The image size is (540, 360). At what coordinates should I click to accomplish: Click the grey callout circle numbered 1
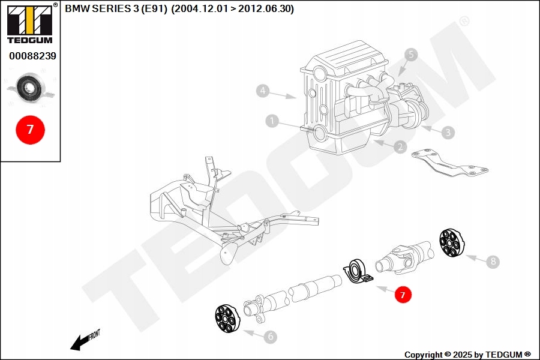click(x=272, y=122)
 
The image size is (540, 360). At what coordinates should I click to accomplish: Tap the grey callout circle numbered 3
click(x=448, y=131)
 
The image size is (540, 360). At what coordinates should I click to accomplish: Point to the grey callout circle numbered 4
click(x=262, y=91)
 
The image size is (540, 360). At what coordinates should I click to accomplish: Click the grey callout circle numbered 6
click(x=271, y=337)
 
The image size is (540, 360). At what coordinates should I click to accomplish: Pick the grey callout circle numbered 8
click(x=493, y=262)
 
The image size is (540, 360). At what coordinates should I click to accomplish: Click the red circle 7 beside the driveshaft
click(x=403, y=295)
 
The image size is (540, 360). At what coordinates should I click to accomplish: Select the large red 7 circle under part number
click(x=30, y=128)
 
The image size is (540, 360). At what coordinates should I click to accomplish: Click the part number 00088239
click(x=32, y=56)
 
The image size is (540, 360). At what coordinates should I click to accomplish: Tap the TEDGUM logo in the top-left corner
click(x=29, y=24)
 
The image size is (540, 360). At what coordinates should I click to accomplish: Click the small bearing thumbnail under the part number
click(x=29, y=89)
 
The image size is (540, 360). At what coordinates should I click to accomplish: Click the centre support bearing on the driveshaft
click(x=358, y=271)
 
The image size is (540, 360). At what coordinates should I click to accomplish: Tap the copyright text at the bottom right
click(x=467, y=355)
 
